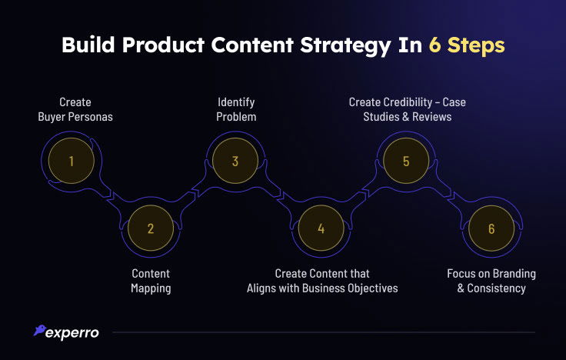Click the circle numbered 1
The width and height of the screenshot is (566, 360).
[x=71, y=162]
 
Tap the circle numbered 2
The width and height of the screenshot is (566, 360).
[x=151, y=228]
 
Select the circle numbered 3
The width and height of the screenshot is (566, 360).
[x=236, y=162]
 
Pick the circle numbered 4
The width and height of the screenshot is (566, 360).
[x=321, y=228]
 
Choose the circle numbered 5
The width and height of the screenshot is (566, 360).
[x=407, y=162]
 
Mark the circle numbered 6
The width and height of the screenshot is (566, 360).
[x=491, y=228]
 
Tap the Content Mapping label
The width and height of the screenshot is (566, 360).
[x=151, y=281]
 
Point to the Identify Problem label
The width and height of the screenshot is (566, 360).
[x=236, y=110]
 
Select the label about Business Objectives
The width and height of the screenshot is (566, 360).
[x=322, y=281]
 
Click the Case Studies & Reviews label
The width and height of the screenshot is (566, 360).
[x=407, y=110]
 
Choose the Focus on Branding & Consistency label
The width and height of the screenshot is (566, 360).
[x=491, y=281]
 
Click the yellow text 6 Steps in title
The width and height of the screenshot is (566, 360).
[x=468, y=45]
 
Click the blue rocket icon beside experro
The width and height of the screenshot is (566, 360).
[x=38, y=331]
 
